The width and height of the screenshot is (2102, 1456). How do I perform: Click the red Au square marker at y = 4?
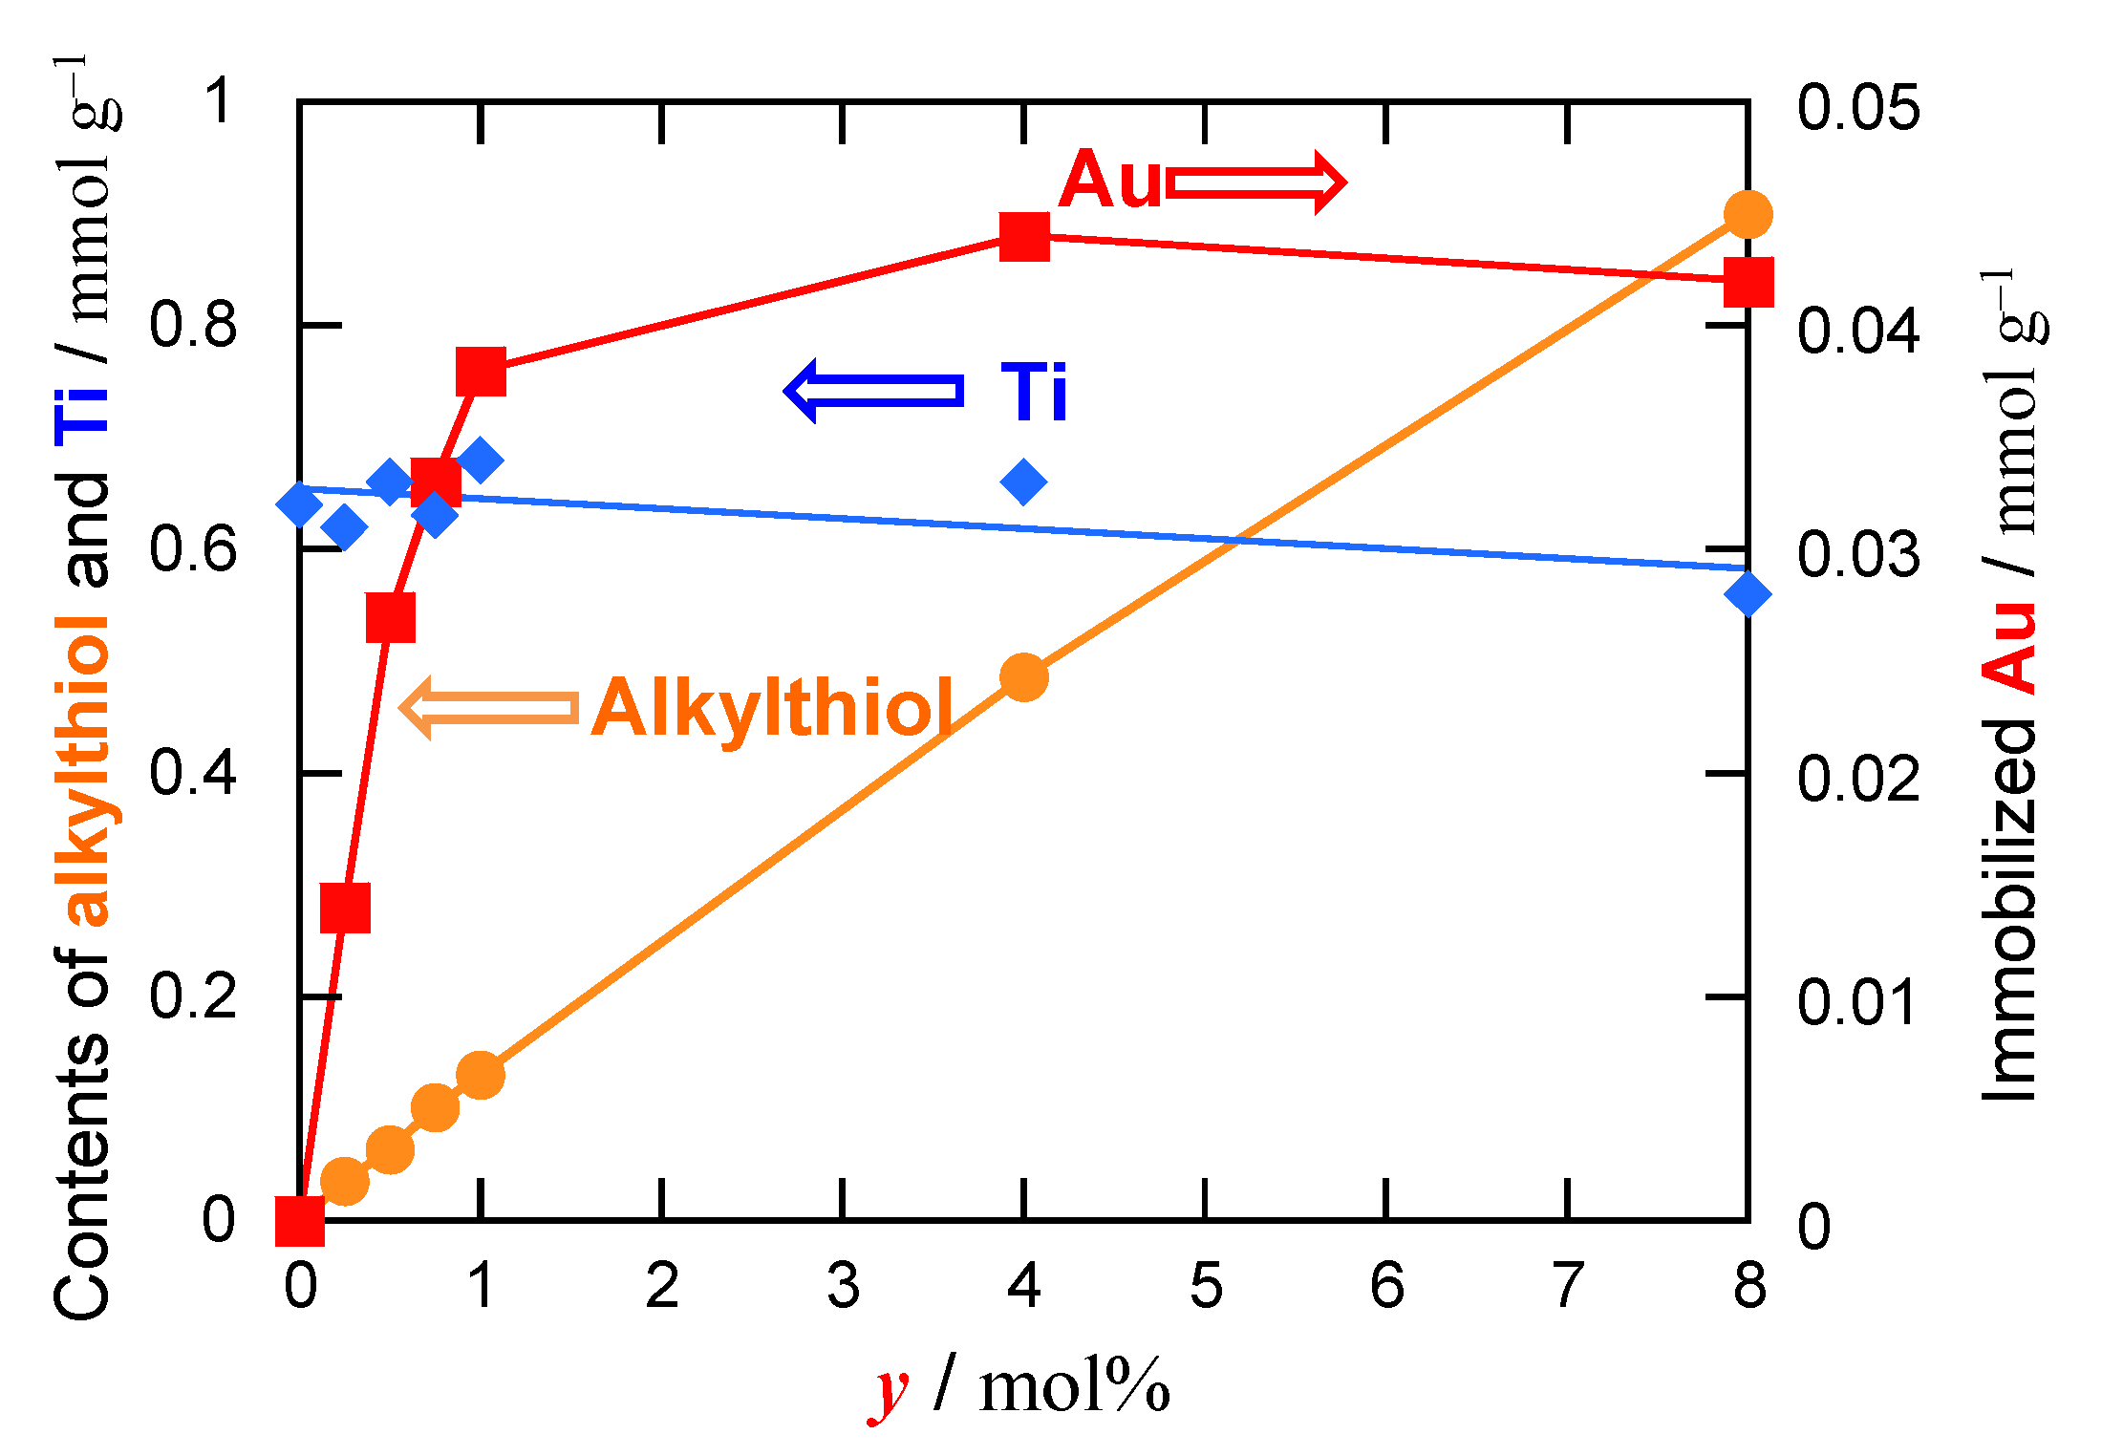[x=1024, y=236]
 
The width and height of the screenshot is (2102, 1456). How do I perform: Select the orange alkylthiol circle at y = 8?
[x=1748, y=214]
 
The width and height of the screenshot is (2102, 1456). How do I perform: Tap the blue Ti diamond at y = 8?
[x=1748, y=594]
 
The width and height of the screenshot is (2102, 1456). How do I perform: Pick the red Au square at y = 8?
[x=1748, y=282]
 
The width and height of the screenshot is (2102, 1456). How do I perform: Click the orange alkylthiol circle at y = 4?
[x=1024, y=677]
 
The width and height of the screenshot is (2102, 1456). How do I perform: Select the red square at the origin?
[x=300, y=1221]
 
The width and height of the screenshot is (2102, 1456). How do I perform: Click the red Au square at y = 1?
[x=481, y=371]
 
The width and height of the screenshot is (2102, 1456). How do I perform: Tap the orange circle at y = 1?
[x=481, y=1076]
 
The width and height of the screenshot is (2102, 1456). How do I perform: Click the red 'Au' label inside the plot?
[x=1110, y=181]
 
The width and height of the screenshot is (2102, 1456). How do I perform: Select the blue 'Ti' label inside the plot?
[x=1034, y=392]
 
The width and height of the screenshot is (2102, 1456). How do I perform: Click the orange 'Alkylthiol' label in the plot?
[x=772, y=709]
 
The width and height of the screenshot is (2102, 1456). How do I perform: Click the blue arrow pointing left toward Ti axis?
[x=872, y=391]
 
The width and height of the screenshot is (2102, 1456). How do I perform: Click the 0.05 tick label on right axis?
[x=1857, y=107]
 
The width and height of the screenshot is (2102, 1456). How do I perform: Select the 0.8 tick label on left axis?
[x=192, y=325]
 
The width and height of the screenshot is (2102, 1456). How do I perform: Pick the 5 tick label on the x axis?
[x=1206, y=1286]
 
